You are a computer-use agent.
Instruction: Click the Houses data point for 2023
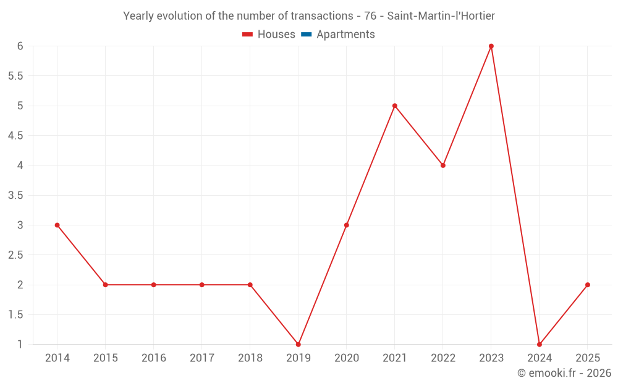pos(491,46)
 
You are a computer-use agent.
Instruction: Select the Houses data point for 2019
pos(298,344)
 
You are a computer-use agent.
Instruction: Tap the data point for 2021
pos(395,106)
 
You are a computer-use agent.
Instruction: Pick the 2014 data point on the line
pos(57,225)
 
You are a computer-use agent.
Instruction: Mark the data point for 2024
pos(540,344)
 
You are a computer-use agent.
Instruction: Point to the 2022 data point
pos(443,166)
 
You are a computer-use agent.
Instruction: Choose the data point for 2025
pos(588,285)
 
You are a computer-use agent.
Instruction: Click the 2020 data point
pos(347,225)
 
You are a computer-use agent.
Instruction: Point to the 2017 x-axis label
pos(202,358)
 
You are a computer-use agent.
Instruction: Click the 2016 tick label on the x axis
pos(154,358)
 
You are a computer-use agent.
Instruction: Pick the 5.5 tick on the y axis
pos(15,76)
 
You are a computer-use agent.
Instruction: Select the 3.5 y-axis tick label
pos(15,195)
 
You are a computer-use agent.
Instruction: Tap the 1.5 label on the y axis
pos(15,314)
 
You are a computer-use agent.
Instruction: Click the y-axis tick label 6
pos(20,46)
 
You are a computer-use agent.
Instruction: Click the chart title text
pos(309,16)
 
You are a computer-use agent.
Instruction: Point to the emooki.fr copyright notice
pos(564,373)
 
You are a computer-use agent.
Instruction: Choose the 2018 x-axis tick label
pos(250,358)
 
